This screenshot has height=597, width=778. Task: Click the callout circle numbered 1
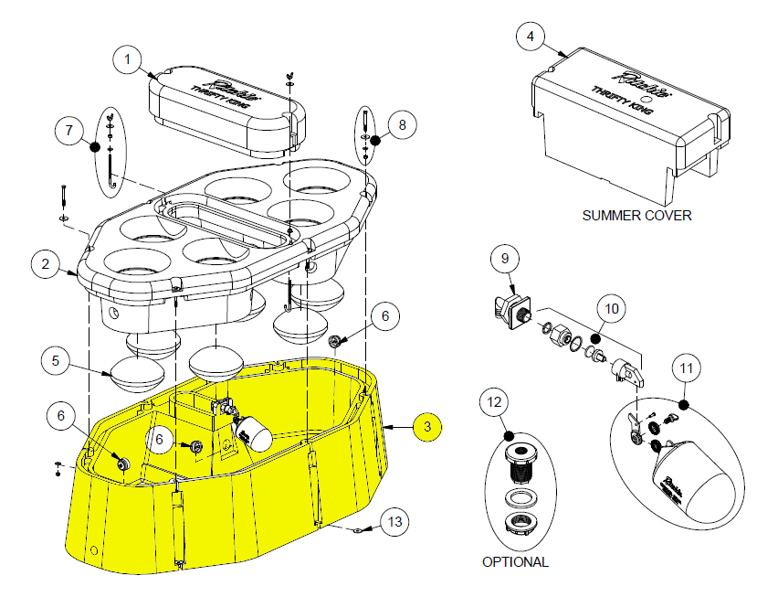129,59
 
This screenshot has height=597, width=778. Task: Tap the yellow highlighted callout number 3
426,426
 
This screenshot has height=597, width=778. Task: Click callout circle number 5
56,361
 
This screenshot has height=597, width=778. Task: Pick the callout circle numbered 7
68,130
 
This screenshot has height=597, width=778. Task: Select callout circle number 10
612,308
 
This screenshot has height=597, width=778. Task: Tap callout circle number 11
687,368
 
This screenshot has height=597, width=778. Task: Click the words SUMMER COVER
636,216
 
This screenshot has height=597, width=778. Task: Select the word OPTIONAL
515,562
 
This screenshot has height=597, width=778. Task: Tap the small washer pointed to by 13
355,529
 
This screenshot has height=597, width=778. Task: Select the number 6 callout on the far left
62,417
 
